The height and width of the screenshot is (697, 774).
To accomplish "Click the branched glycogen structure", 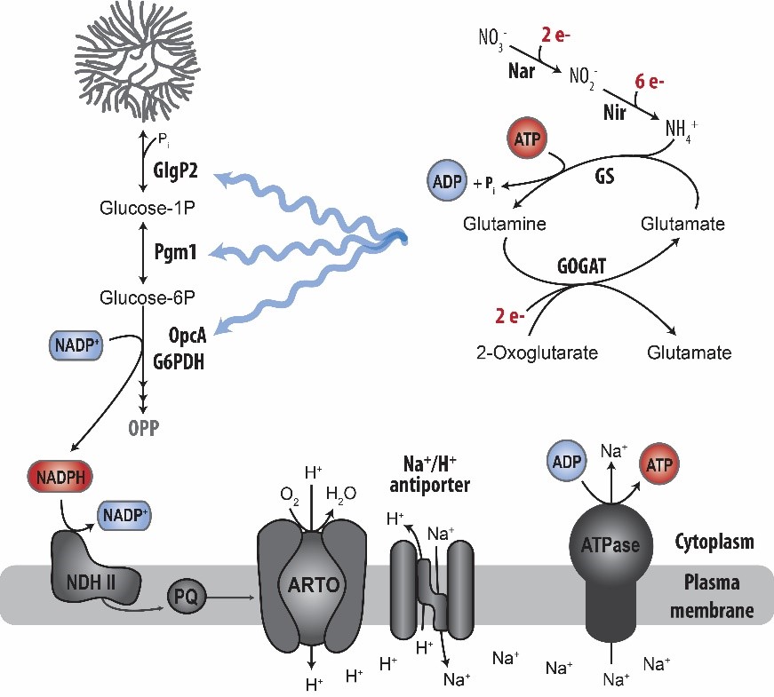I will [141, 57].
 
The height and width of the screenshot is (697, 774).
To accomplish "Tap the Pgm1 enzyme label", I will [175, 253].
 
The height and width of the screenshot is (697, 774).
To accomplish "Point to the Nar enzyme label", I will [521, 71].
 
